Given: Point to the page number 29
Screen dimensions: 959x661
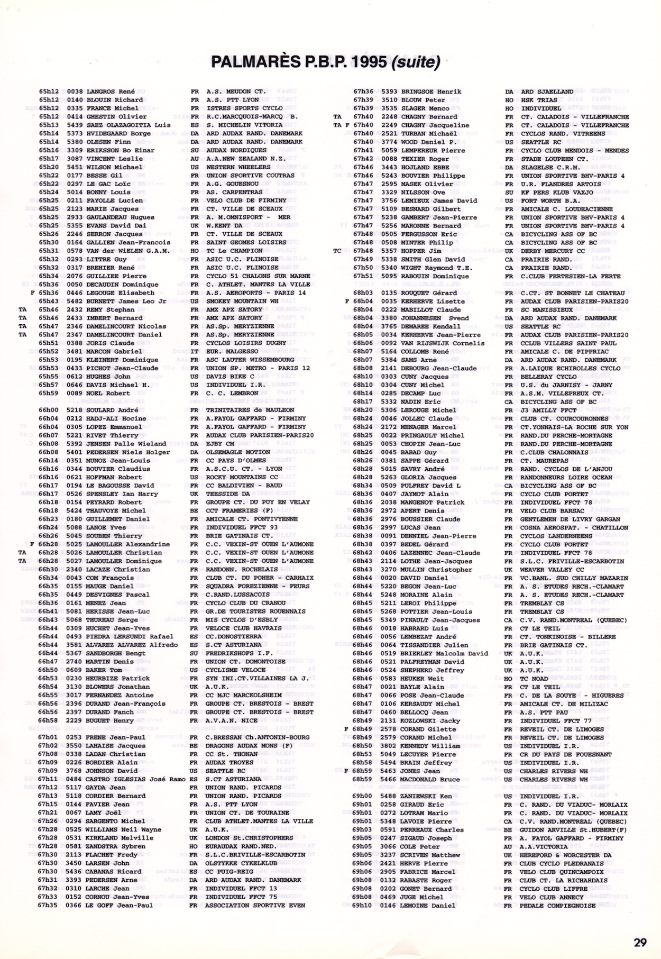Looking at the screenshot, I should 640,942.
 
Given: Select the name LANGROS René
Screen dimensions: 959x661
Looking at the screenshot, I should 111,92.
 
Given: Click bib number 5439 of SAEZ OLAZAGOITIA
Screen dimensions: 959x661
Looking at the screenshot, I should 75,125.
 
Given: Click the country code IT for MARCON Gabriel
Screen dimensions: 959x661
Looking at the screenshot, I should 194,351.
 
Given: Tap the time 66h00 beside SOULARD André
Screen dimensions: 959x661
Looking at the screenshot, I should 48,410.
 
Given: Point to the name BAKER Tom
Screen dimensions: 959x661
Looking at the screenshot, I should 104,670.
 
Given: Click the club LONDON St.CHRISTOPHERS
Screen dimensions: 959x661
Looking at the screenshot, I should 249,837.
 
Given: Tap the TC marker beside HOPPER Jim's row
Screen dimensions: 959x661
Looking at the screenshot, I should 337,251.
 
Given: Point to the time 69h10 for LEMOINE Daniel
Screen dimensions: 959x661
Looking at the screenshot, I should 362,905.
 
